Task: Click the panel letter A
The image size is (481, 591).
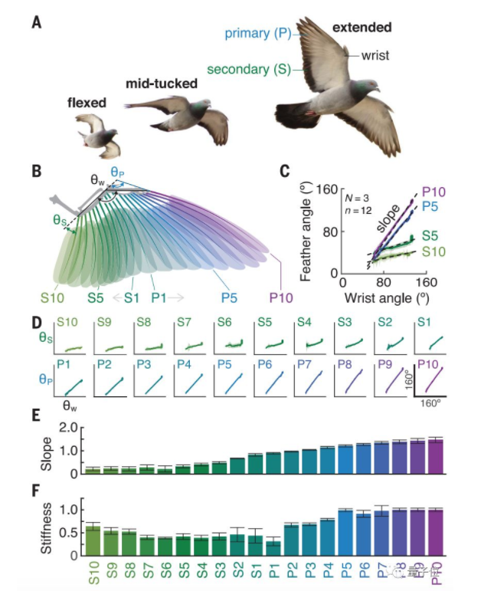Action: [x=36, y=22]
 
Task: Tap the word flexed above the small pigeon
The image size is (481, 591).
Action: [x=86, y=102]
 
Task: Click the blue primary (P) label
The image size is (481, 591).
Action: [x=263, y=33]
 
